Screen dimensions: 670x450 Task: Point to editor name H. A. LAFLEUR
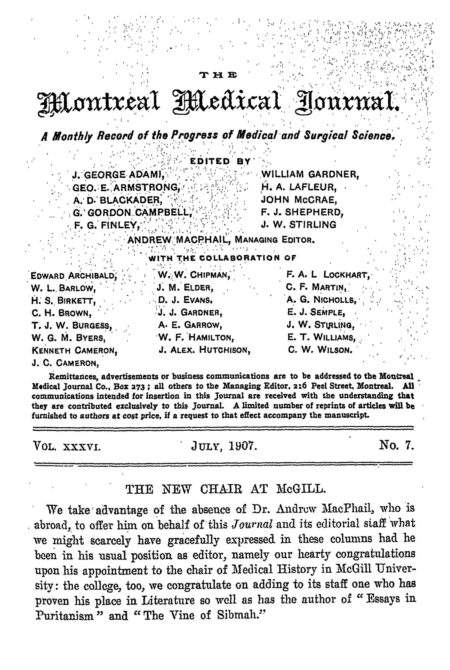click(x=299, y=187)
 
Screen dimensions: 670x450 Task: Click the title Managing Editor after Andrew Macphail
click(x=275, y=240)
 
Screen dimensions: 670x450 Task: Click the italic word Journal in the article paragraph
click(x=252, y=524)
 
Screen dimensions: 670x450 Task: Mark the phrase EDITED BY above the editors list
click(x=220, y=162)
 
